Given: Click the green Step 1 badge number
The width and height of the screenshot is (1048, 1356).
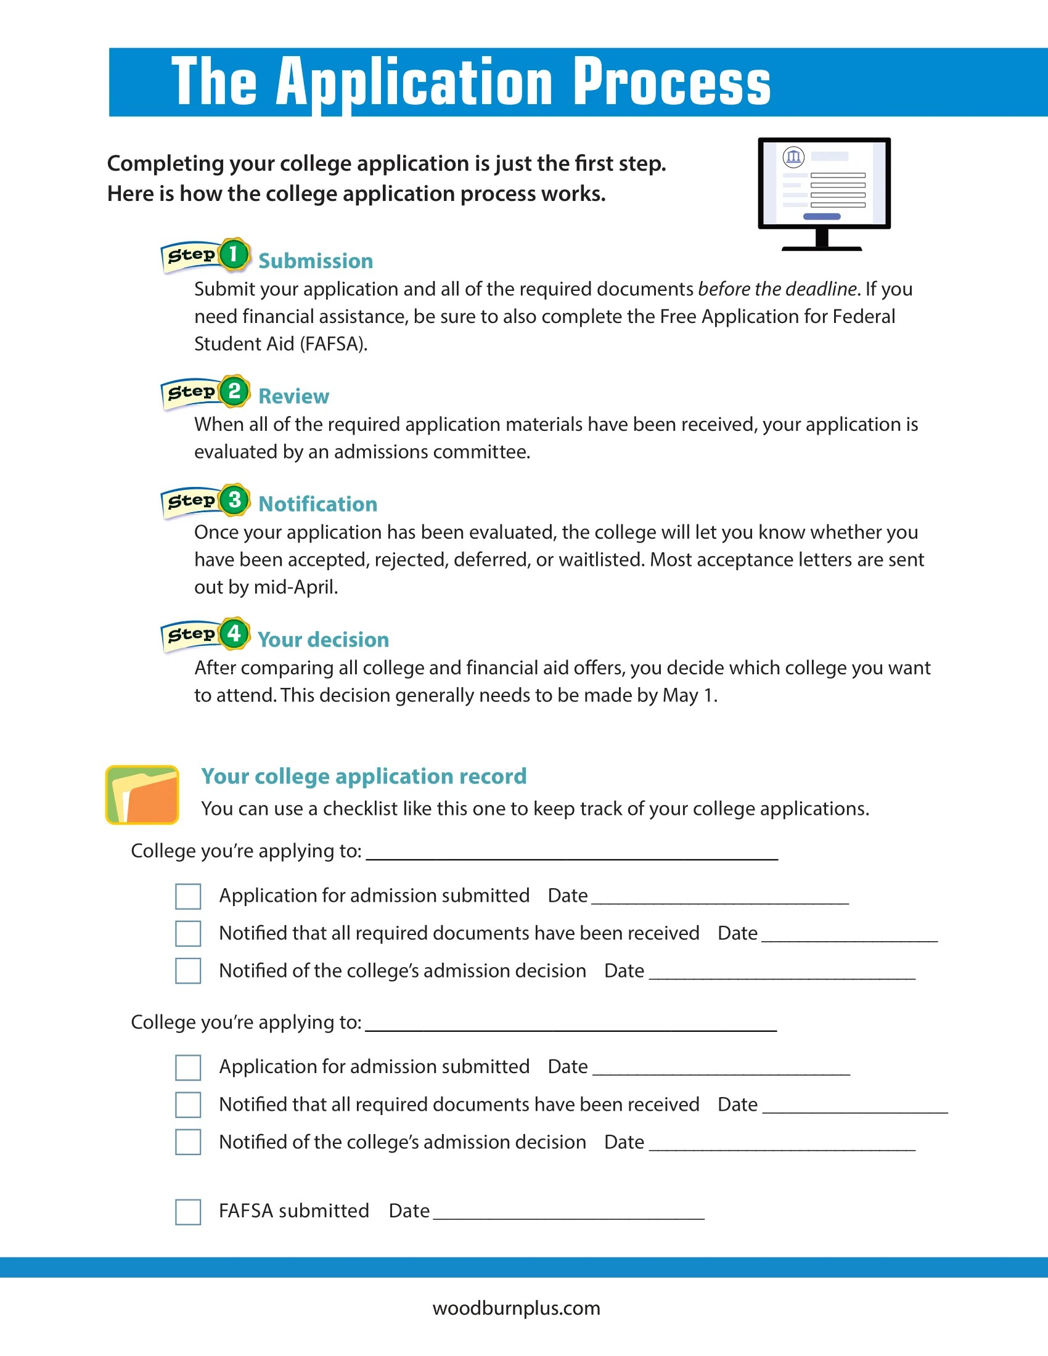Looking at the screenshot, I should coord(234,254).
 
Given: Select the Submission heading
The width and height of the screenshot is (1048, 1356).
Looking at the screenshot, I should coord(316,261).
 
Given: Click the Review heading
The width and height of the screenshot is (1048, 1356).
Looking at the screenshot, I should coord(293,396).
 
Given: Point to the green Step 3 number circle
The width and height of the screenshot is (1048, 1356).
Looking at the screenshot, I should coord(234,500).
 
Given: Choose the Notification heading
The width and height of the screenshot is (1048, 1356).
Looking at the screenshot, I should coord(317,504).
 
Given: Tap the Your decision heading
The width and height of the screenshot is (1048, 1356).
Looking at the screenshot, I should coord(323,640).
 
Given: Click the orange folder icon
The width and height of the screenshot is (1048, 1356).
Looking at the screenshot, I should coord(143,794).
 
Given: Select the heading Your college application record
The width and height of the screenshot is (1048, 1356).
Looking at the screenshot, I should coord(364,776).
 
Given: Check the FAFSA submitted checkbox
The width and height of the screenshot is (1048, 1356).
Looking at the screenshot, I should coord(188,1211).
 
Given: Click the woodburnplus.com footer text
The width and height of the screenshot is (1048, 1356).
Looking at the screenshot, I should coord(516,1308).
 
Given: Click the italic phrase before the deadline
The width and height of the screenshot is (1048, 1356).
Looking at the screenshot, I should coord(777,289).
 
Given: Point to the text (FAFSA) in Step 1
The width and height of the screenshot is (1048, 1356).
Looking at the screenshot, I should coord(333,344).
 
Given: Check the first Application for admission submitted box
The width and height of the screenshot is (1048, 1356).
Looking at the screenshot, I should coord(188,896).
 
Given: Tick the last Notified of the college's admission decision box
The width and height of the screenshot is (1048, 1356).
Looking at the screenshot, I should coord(188,1142).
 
